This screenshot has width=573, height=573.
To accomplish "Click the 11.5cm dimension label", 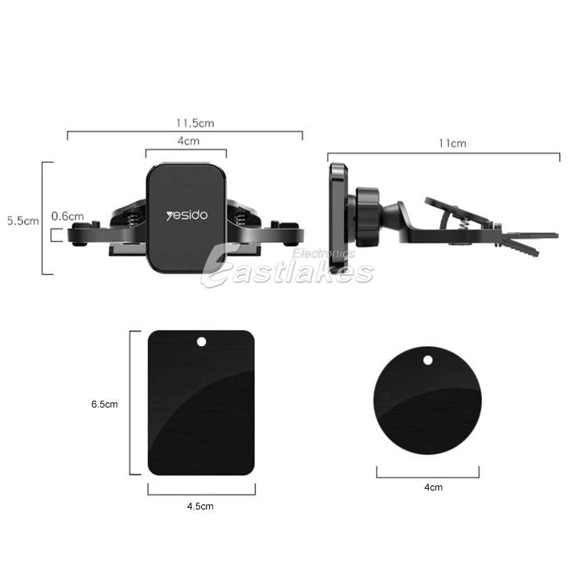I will pos(195,123).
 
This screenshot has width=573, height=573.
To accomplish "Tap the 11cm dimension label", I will pos(452,143).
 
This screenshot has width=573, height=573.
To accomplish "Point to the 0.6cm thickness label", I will pos(67,216).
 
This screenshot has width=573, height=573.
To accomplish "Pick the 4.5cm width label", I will pos(200,506).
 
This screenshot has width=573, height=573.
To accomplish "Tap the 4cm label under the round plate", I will pos(433,488).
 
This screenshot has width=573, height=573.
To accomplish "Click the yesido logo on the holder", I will pos(187,216).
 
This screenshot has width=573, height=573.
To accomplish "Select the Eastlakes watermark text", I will pos(286,272).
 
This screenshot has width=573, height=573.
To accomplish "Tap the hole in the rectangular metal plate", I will pos(201,342).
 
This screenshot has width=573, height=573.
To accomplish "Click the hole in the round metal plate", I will pos(427,360).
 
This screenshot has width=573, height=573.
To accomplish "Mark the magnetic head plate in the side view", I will pos(337,218).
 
